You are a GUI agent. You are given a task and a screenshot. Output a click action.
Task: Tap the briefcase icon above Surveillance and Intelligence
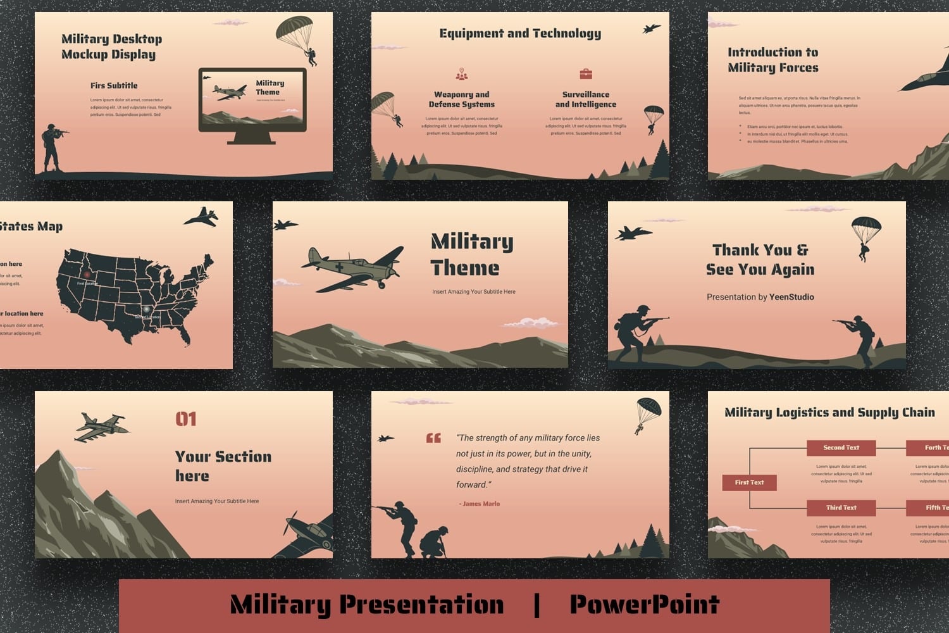pos(586,74)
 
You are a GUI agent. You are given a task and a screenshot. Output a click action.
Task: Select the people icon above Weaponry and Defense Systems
pos(462,75)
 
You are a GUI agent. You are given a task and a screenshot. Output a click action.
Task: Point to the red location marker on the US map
pos(87,275)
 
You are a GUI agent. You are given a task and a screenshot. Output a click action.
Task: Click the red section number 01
pos(186,419)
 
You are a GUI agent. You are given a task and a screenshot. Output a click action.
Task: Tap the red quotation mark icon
pos(433,438)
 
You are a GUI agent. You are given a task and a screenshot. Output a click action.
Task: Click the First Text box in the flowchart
pos(749,482)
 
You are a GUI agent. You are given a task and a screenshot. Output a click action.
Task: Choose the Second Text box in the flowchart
pos(841,448)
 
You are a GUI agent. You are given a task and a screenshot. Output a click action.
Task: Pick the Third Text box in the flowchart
pos(841,508)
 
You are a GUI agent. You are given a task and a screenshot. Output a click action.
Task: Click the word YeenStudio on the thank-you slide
pos(791,297)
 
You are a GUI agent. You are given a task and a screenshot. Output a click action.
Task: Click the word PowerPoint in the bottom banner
pos(644,604)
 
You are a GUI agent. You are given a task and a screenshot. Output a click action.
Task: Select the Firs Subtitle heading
pos(114,85)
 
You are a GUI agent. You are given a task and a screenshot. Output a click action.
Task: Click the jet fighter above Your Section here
pos(101,427)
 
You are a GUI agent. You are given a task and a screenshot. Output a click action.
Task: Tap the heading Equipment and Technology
pos(520,34)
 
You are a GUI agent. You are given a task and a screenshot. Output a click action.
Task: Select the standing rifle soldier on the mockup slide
pos(52,148)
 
